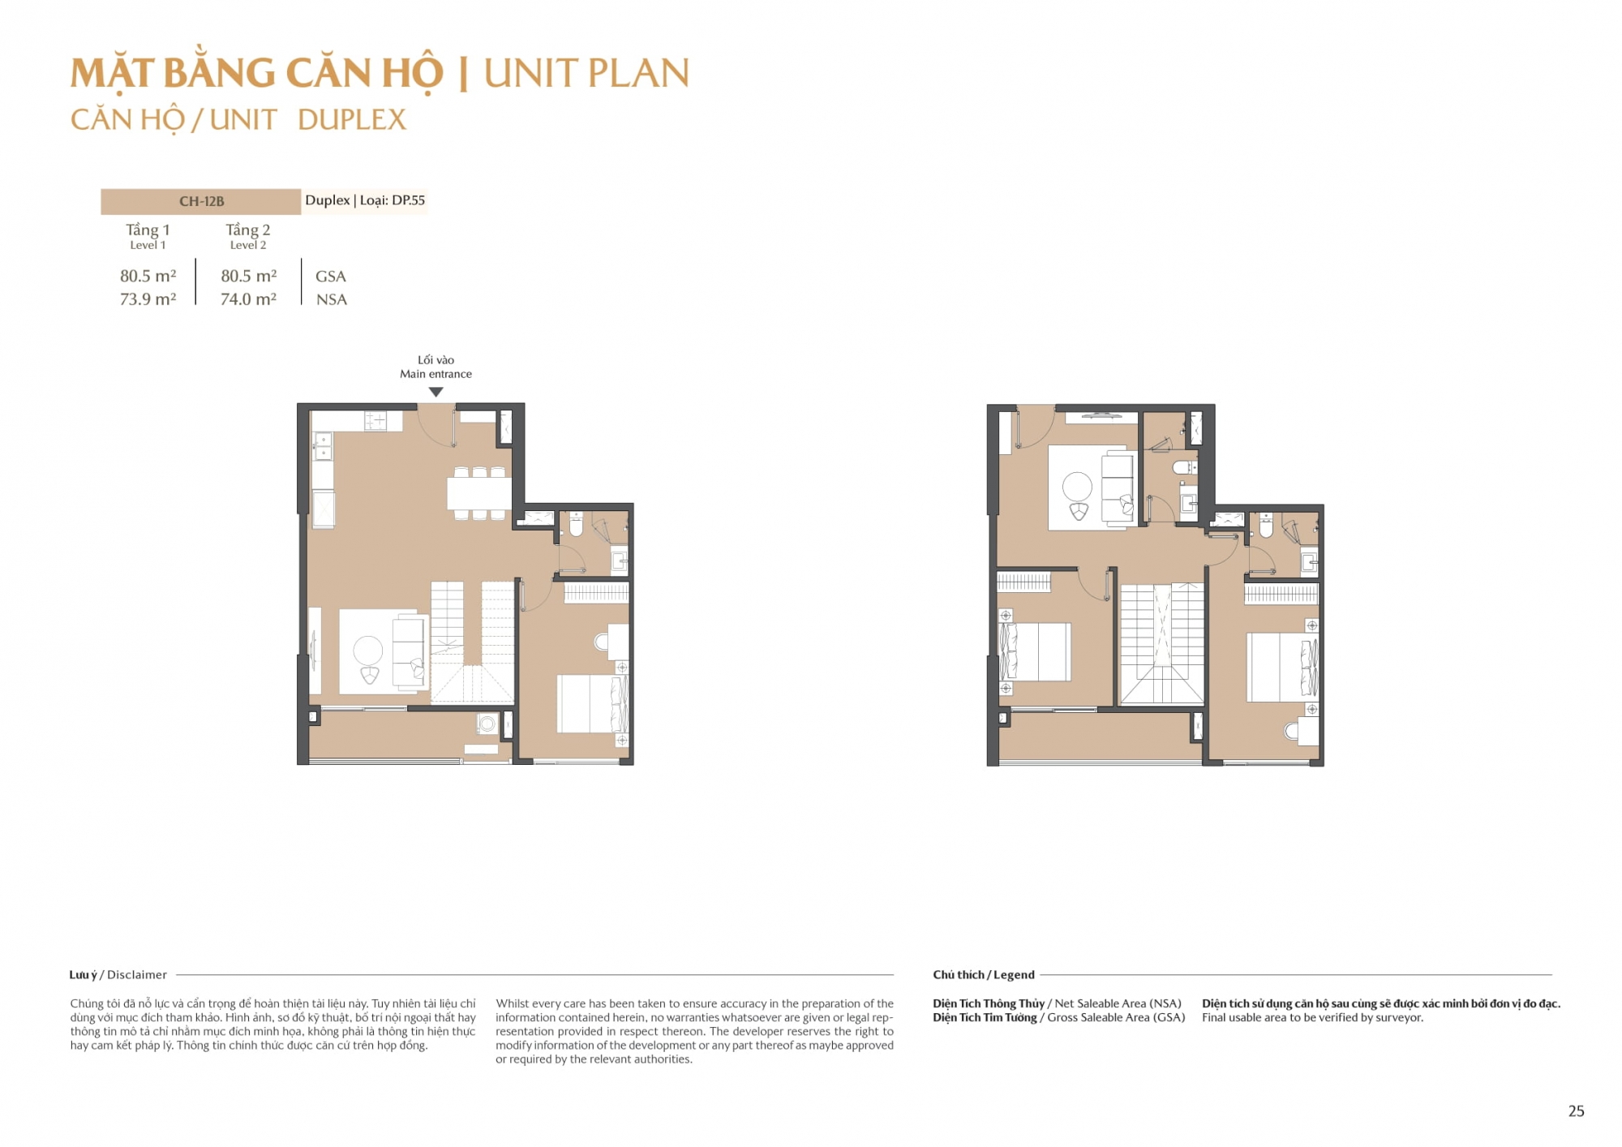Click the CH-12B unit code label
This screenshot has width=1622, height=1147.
(x=201, y=201)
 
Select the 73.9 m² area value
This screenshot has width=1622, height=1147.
(x=148, y=299)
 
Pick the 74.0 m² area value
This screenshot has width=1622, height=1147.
(x=248, y=299)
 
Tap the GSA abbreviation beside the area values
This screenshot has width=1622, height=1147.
(x=331, y=277)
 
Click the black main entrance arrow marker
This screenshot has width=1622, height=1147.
(x=436, y=392)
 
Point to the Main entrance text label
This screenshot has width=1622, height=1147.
(x=436, y=374)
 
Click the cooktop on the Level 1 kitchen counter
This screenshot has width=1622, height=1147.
(x=375, y=421)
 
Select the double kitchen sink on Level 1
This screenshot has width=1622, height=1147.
(x=323, y=446)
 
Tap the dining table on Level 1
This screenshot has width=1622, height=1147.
(x=479, y=492)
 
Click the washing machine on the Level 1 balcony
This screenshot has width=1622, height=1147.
(x=487, y=723)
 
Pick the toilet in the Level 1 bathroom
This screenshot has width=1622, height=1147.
(x=576, y=524)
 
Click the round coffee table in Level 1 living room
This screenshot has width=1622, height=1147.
(x=368, y=651)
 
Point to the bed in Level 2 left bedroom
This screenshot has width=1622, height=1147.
(x=1034, y=651)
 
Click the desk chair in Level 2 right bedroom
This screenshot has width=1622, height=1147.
(x=1291, y=731)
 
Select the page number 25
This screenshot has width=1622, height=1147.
(x=1576, y=1111)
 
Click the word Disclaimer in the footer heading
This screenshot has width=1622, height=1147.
(x=137, y=975)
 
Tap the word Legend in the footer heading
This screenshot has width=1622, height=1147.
(x=1014, y=975)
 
